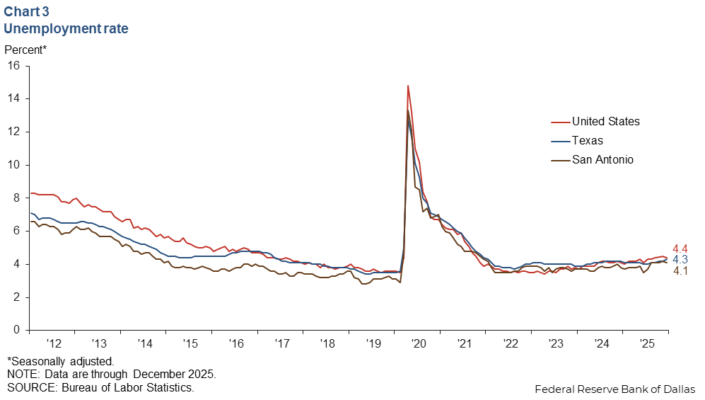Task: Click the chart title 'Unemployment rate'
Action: pyautogui.click(x=66, y=29)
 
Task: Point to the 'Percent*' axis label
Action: pyautogui.click(x=26, y=50)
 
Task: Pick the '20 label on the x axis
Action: pyautogui.click(x=419, y=343)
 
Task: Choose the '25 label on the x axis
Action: pyautogui.click(x=646, y=343)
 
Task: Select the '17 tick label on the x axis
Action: pyautogui.click(x=282, y=343)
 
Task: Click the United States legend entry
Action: pyautogui.click(x=605, y=122)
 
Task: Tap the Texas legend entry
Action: pyautogui.click(x=587, y=140)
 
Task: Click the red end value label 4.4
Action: pyautogui.click(x=680, y=248)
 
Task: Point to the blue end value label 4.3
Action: pyautogui.click(x=680, y=260)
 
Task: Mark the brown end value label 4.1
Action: pyautogui.click(x=680, y=271)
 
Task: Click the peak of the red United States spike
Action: pyautogui.click(x=408, y=86)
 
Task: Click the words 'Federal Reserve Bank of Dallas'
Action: pyautogui.click(x=614, y=389)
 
